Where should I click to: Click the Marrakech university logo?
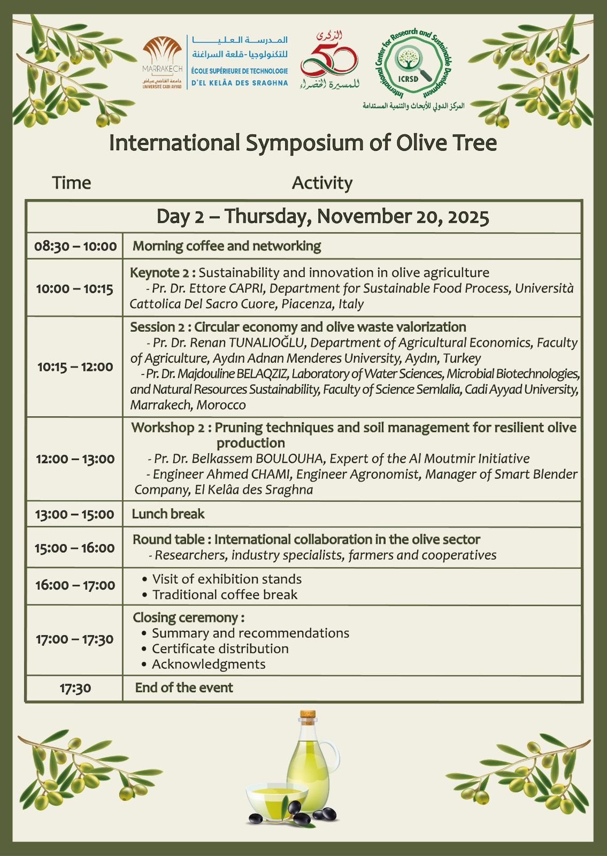click(x=163, y=62)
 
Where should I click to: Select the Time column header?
click(x=72, y=183)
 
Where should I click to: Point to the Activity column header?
click(x=322, y=183)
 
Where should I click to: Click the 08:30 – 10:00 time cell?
click(x=75, y=247)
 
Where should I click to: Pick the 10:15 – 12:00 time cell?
click(x=75, y=367)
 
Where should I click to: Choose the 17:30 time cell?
click(x=75, y=688)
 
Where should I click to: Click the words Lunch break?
click(x=168, y=514)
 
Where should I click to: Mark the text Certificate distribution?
click(x=220, y=648)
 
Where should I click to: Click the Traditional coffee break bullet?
click(x=225, y=594)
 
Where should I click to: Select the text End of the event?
click(x=184, y=687)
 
